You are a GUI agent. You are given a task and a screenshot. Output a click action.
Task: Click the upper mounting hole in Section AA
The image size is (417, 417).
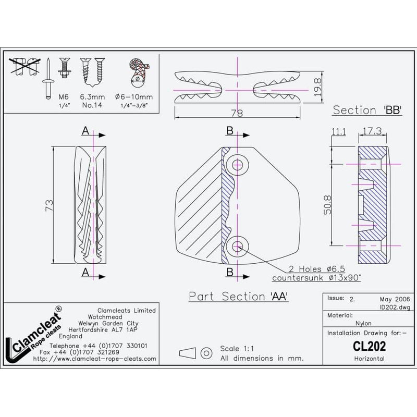[x=238, y=165]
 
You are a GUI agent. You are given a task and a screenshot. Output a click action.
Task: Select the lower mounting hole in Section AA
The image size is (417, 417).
[x=238, y=244]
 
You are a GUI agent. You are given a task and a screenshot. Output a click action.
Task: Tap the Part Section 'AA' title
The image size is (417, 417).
[x=238, y=296]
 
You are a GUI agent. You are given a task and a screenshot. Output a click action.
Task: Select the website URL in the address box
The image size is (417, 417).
[x=94, y=359]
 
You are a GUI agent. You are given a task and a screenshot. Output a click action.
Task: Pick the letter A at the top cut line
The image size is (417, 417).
[x=85, y=132]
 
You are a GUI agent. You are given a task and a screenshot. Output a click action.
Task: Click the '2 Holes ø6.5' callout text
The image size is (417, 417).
[x=315, y=269]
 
